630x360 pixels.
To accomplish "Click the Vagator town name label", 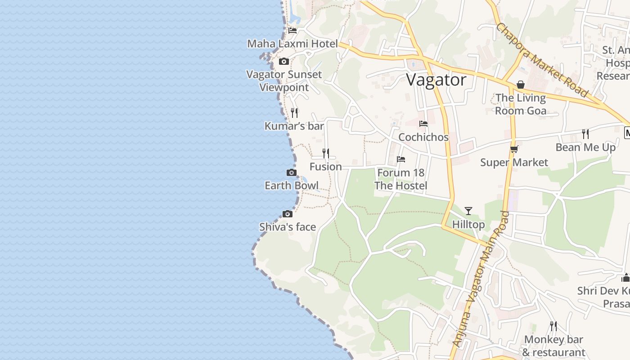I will coord(436,80).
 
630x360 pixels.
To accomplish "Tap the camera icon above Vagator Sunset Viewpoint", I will coord(283,61).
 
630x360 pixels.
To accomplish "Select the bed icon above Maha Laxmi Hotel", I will coord(292,31).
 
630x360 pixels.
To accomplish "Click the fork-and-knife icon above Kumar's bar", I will coord(294,112).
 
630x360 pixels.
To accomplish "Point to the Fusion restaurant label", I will coord(325,167).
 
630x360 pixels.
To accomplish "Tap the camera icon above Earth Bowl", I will coord(292,172).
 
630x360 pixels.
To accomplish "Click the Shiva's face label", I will coord(288,227).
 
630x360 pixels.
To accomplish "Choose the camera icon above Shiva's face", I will coord(287,214).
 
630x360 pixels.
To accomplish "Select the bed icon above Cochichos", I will coord(423,124).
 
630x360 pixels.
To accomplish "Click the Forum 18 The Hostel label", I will coord(401,179).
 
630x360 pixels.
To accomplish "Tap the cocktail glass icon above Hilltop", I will coord(468,211).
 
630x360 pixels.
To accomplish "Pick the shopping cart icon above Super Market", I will coord(514,149).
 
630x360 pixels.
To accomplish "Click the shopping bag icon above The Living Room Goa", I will coord(521,85).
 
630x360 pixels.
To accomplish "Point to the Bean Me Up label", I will coord(585,148).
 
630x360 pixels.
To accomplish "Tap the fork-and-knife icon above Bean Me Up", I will coord(585,134).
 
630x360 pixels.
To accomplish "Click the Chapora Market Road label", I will coord(542,60).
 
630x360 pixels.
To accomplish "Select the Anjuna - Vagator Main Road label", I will coord(482,279).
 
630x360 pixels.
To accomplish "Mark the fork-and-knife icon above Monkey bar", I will coord(553,326).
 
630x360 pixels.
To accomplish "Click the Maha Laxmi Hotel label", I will coord(292,44).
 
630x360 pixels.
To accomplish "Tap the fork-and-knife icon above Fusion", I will coord(325,153).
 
